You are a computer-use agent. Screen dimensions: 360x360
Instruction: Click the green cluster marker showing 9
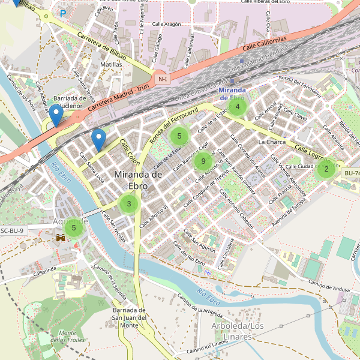203,161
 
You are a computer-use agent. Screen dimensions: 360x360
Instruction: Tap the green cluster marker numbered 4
238,107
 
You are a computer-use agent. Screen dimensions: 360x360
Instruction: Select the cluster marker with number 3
128,204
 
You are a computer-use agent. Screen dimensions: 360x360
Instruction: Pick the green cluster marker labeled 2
326,169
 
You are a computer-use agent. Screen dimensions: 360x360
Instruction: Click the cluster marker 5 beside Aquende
74,227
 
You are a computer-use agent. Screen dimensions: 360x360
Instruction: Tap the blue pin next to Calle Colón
98,140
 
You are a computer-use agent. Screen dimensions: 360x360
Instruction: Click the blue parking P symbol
62,13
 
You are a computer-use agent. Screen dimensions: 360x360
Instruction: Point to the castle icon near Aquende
61,238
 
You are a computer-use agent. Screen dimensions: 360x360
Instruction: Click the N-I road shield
161,79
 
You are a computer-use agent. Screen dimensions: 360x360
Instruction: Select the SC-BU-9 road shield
13,230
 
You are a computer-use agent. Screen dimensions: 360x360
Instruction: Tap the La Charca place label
272,142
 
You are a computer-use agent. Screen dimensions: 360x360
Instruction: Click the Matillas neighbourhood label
111,64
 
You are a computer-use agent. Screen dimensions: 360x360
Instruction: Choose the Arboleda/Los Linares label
238,330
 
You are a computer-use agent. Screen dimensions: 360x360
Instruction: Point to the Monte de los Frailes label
67,337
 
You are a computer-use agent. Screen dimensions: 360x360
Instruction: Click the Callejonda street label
44,271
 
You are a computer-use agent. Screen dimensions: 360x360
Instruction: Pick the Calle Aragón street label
166,24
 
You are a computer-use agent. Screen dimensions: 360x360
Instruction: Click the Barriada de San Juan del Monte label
129,317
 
